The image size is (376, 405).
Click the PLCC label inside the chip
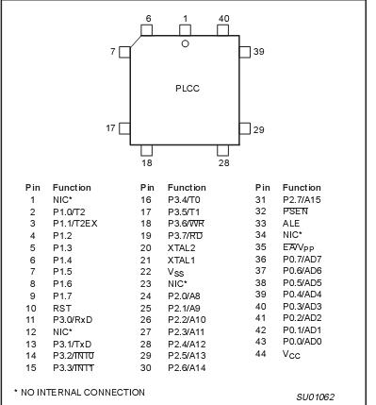pos(188,88)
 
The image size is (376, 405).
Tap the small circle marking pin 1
pos(185,43)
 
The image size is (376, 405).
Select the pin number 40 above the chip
pos(223,19)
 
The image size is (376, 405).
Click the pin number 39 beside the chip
pos(259,51)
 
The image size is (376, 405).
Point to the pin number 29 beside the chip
pos(259,127)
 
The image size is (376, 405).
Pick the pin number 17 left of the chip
pos(110,127)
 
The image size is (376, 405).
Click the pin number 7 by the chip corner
pos(112,51)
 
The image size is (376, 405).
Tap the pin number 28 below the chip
pos(223,162)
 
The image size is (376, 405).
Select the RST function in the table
pos(62,309)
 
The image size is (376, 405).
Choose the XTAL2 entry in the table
pos(181,248)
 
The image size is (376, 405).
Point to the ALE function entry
pos(291,224)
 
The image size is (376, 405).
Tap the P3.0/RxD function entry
pos(73,321)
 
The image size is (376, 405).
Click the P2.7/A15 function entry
pos(302,199)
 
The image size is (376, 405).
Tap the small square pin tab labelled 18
pos(146,148)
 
